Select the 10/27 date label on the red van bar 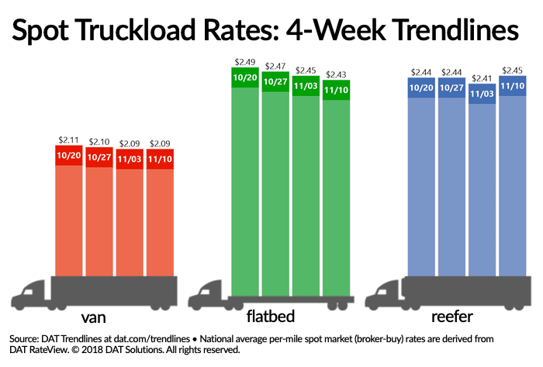99,158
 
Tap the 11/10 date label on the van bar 159,159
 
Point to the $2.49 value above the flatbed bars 245,61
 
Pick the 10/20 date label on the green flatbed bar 245,77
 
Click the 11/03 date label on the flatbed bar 306,87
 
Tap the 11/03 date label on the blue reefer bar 482,93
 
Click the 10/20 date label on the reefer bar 422,87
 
